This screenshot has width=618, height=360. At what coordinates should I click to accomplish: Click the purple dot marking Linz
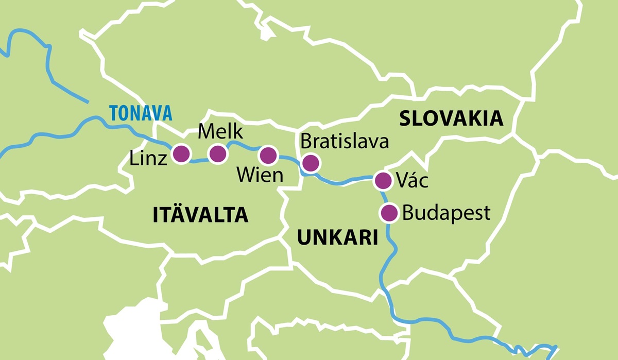[181, 153]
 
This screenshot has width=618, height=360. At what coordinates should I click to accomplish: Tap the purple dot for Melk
[217, 153]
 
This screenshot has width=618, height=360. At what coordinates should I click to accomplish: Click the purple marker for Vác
[383, 181]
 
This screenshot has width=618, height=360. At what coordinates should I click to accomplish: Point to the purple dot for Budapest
[389, 212]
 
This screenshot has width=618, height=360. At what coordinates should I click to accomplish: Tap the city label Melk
[220, 132]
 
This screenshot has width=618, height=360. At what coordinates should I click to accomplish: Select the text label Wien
[260, 176]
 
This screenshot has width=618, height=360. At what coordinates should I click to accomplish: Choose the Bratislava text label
[345, 141]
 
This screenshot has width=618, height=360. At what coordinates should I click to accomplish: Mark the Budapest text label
[446, 213]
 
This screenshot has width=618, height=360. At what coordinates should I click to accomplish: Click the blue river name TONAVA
[140, 112]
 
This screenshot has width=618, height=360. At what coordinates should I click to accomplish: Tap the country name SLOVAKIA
[451, 118]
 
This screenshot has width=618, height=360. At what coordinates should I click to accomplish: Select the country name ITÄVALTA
[200, 215]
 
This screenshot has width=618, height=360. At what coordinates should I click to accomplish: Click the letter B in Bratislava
[305, 141]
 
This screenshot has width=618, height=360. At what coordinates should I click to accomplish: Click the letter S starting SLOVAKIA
[405, 118]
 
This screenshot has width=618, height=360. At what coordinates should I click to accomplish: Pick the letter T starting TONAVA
[112, 112]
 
